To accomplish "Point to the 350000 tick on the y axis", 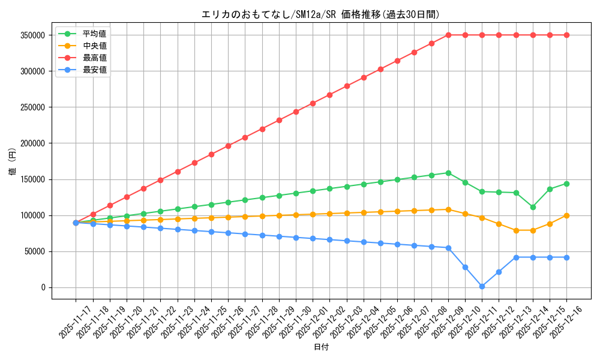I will tap(33, 35).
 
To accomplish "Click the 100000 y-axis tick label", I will tap(33, 215).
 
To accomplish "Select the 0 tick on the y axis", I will tap(43, 287).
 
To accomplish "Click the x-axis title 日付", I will tap(321, 347).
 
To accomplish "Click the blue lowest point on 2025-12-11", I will tap(482, 286).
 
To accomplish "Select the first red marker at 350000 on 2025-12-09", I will tap(448, 35).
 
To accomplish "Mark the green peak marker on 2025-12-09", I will tap(448, 173).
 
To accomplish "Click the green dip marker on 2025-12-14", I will tap(533, 207).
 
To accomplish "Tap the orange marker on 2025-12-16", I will tap(566, 215).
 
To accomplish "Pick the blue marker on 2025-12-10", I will tap(465, 267).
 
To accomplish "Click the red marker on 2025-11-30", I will tap(296, 112).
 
